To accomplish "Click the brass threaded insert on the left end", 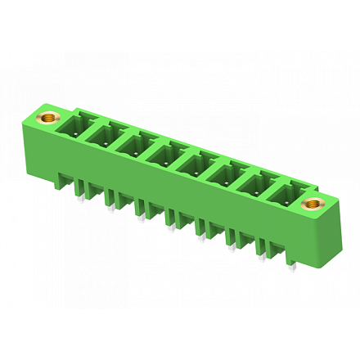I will (51, 117).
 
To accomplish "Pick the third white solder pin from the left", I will (140, 218).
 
